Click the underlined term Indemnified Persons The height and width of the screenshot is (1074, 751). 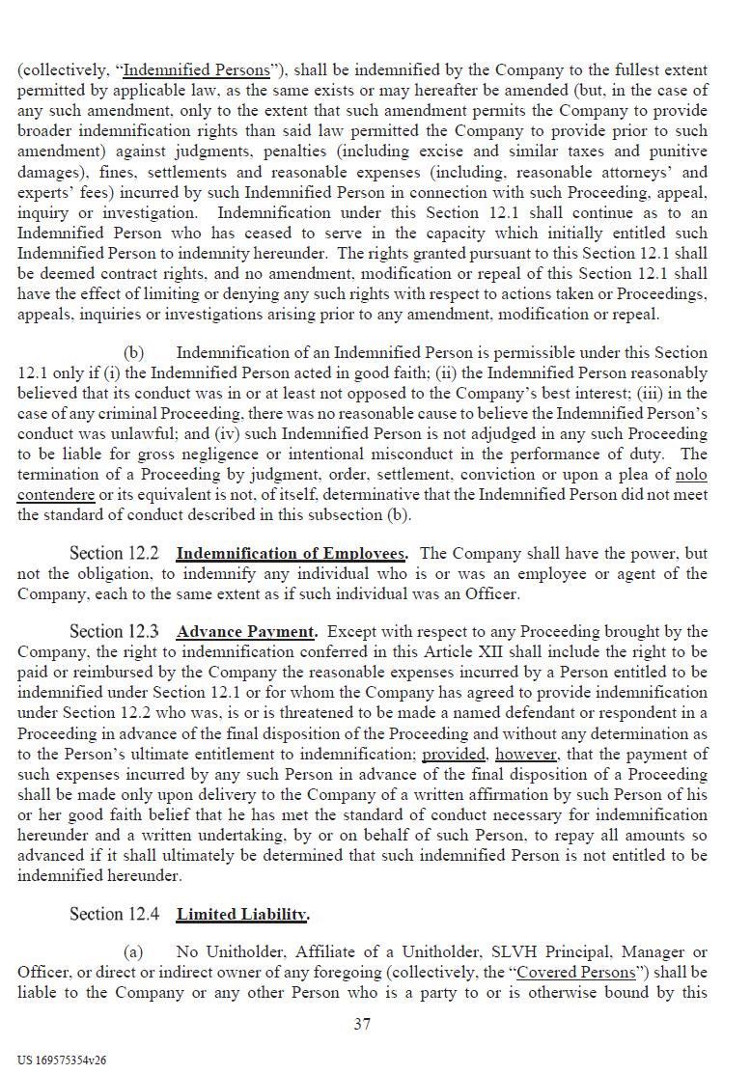(x=197, y=70)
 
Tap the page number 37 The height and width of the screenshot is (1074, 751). (x=362, y=1024)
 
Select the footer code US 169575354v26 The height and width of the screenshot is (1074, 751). (x=62, y=1060)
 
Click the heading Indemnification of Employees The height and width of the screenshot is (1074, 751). (x=291, y=554)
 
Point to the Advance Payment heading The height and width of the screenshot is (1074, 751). (x=246, y=632)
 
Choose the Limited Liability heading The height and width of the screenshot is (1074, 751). (x=242, y=914)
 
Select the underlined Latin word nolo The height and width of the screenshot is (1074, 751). (x=691, y=474)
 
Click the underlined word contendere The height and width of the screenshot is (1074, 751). (x=56, y=494)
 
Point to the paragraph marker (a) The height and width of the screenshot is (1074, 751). (x=133, y=952)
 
